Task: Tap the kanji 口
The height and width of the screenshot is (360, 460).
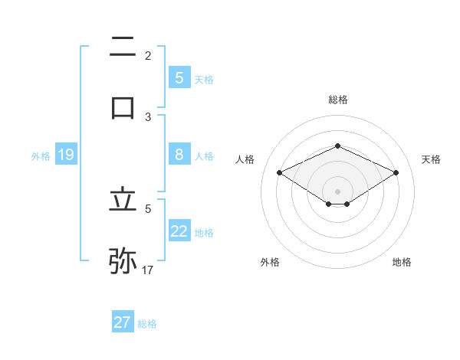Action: [x=123, y=106]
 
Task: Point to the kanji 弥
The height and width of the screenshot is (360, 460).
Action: [x=123, y=260]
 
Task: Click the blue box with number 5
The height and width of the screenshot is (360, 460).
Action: [x=179, y=77]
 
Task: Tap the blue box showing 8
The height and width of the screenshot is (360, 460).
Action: [x=179, y=155]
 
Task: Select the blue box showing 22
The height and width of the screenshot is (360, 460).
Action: [x=179, y=231]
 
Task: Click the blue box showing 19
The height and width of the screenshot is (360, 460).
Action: [x=65, y=155]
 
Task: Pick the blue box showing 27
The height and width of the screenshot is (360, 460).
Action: [x=123, y=322]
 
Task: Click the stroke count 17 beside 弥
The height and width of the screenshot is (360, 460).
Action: [x=148, y=270]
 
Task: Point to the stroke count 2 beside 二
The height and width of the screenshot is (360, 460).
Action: [x=148, y=55]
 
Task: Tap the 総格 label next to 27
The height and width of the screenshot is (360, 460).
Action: [x=147, y=324]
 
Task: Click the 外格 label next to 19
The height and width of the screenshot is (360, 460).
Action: [x=41, y=156]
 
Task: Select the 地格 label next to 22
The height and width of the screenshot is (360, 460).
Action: [x=204, y=233]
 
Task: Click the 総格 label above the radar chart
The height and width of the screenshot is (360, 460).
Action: [x=337, y=100]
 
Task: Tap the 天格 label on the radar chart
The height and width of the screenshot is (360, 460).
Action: [x=431, y=159]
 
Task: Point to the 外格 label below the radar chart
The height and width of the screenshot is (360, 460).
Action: [x=270, y=262]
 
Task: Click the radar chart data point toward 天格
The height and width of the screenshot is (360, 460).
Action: [x=396, y=173]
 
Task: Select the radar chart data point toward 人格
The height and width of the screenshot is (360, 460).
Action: [x=280, y=173]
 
